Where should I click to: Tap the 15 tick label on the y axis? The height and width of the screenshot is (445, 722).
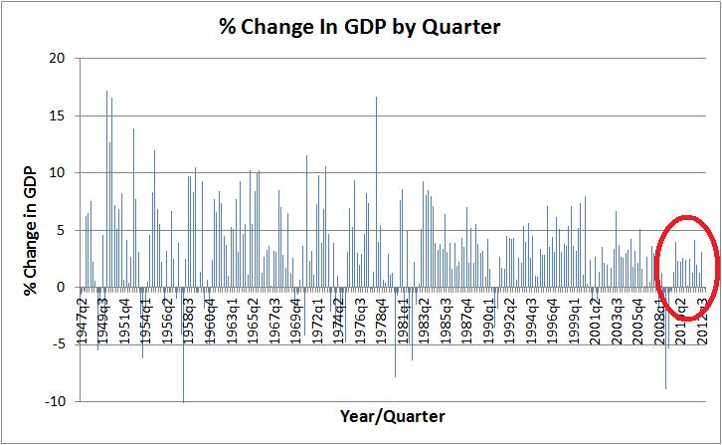[57, 115]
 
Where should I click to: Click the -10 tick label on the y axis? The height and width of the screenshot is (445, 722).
[54, 401]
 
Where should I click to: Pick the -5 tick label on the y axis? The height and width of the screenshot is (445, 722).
[57, 344]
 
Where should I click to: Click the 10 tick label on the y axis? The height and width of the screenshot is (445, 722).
[57, 172]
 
